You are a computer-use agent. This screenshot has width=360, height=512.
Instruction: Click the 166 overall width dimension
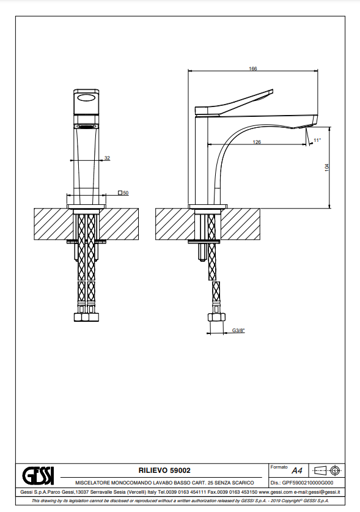[253, 69]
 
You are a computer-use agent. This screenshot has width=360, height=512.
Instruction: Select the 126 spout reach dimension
[257, 142]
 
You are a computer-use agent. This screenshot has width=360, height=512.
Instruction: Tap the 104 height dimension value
[327, 168]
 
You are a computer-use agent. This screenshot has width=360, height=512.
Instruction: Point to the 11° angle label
[317, 140]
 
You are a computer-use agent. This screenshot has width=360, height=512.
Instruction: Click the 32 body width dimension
[107, 158]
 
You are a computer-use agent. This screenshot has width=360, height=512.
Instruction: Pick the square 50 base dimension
[123, 193]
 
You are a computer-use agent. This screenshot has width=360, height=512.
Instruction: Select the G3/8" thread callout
[238, 330]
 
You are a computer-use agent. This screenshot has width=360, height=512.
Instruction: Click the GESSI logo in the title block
[38, 475]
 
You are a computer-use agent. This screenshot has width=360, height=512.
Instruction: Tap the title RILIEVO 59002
[164, 470]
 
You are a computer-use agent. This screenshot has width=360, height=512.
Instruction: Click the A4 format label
[297, 470]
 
